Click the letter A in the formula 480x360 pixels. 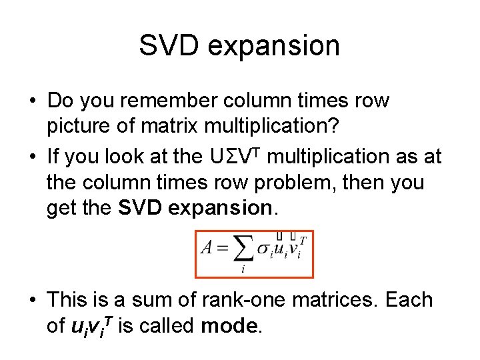click(x=206, y=248)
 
